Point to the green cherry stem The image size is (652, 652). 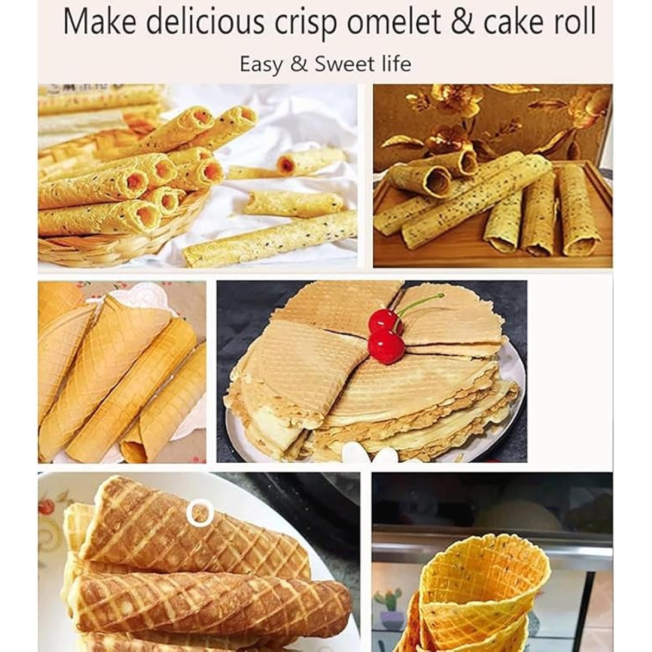pyautogui.click(x=419, y=303)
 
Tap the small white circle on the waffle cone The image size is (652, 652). pyautogui.click(x=199, y=513)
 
